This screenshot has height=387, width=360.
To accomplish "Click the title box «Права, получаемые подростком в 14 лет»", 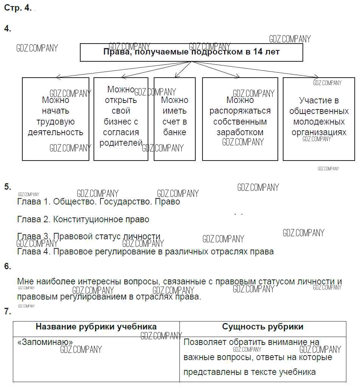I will click(191, 52).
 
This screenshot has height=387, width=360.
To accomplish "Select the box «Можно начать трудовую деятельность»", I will click(56, 119).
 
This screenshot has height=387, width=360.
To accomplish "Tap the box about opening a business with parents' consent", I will click(121, 119).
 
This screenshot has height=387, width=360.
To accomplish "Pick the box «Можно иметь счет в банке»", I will click(175, 119).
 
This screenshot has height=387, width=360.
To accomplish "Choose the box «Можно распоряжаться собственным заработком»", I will click(240, 119).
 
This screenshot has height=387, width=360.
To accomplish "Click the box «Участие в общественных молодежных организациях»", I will click(319, 119).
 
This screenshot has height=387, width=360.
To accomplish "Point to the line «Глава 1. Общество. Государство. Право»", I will click(98, 202).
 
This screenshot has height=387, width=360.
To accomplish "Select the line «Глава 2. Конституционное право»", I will click(83, 219).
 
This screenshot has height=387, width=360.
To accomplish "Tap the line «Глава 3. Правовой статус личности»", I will click(89, 237).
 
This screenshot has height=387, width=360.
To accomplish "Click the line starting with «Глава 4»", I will click(145, 251).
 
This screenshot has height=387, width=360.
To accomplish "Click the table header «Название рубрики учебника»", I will click(96, 327).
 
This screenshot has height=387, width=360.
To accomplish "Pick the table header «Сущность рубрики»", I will click(263, 327).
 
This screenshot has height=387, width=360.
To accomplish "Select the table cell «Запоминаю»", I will click(45, 342).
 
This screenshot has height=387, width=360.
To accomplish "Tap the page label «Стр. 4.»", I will click(18, 8).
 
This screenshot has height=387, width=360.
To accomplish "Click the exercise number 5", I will click(8, 187).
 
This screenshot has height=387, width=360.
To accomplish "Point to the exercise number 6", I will click(8, 266).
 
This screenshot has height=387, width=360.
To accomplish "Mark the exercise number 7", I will click(8, 311).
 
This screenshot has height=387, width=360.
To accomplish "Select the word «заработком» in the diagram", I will click(240, 133).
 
